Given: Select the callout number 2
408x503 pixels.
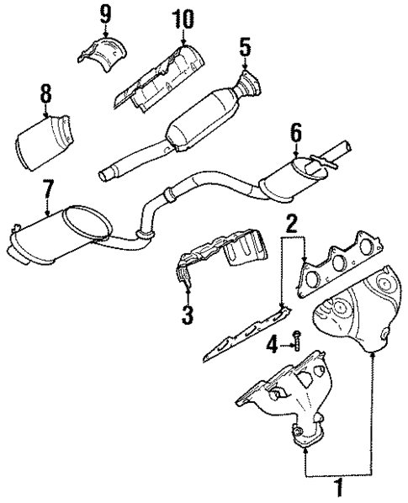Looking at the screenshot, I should tap(290, 224).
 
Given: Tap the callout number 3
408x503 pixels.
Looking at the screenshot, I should tap(187, 315).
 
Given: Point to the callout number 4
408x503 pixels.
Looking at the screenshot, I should tap(271, 343).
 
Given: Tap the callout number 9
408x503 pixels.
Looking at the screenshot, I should tap(105, 13).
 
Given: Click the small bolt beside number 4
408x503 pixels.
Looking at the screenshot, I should tap(295, 341).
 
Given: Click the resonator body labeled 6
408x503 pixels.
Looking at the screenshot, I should tap(285, 177).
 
